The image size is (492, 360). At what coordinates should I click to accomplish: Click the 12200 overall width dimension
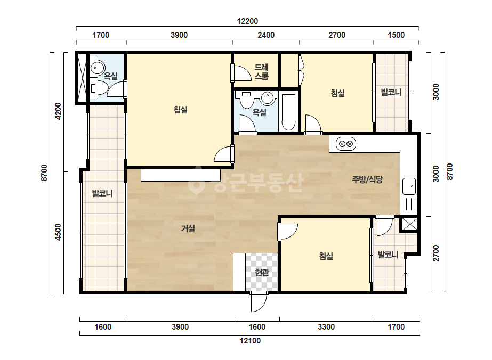point(247,21)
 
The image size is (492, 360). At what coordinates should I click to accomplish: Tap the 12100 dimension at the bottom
point(250,340)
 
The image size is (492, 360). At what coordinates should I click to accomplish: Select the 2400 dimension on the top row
point(266,35)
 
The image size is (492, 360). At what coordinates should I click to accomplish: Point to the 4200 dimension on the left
point(58,111)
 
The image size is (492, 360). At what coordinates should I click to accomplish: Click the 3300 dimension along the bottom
point(326,327)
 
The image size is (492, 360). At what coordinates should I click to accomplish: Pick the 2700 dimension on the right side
point(436,253)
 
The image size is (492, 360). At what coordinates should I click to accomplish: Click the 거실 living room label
point(188,228)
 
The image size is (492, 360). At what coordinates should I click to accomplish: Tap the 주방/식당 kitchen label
point(367,179)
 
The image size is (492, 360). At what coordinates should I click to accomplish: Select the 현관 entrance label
point(262,273)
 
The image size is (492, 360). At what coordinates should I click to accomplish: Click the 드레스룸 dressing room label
point(261,72)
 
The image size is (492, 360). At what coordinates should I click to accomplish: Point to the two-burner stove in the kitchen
point(346,144)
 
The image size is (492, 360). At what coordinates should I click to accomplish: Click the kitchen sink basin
point(409,186)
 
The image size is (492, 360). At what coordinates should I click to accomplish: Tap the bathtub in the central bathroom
point(288,112)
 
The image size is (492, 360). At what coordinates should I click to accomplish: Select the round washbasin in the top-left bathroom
point(98,68)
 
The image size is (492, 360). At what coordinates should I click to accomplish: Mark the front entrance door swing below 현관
point(259,301)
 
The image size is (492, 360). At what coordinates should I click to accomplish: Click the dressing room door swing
point(241,73)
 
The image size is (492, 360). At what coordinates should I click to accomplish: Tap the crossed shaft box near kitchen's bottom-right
point(409,224)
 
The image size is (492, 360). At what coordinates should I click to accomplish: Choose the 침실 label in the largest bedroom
point(180,110)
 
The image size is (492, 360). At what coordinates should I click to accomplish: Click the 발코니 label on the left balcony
point(102,193)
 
